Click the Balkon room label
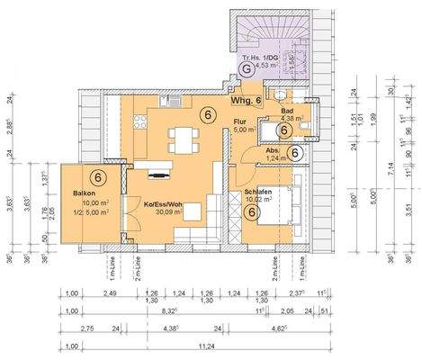(74, 192)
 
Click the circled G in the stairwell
(244, 65)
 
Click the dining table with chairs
(184, 139)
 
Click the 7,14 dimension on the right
(389, 166)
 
